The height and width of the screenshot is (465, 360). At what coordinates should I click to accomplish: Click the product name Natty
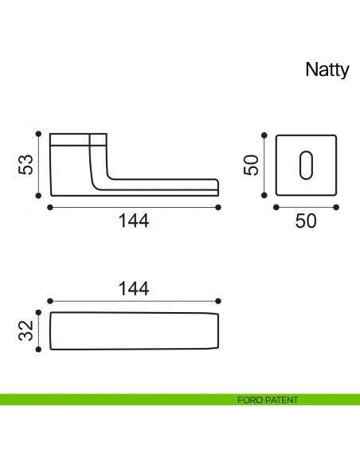[327, 70]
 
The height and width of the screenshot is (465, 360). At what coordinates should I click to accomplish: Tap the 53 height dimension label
[25, 165]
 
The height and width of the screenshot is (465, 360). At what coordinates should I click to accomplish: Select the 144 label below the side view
[134, 221]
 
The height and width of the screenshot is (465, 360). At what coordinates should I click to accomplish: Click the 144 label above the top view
[134, 288]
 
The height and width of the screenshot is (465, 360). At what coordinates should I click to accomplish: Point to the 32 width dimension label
[25, 330]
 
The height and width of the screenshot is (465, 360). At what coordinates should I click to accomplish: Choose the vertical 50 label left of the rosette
[251, 165]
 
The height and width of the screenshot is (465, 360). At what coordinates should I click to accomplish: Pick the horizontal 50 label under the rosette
[306, 221]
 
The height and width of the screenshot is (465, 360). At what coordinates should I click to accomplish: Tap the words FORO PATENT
[268, 400]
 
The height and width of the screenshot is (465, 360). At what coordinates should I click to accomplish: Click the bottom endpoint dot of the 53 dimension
[38, 196]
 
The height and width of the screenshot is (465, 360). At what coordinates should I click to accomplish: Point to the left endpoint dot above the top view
[50, 301]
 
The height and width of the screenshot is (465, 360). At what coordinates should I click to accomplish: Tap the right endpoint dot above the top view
[218, 301]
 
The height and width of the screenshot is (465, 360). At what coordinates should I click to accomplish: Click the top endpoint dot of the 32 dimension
[38, 313]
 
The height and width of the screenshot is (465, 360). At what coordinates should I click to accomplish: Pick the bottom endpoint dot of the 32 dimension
[38, 349]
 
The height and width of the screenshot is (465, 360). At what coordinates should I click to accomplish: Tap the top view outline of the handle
[134, 330]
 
